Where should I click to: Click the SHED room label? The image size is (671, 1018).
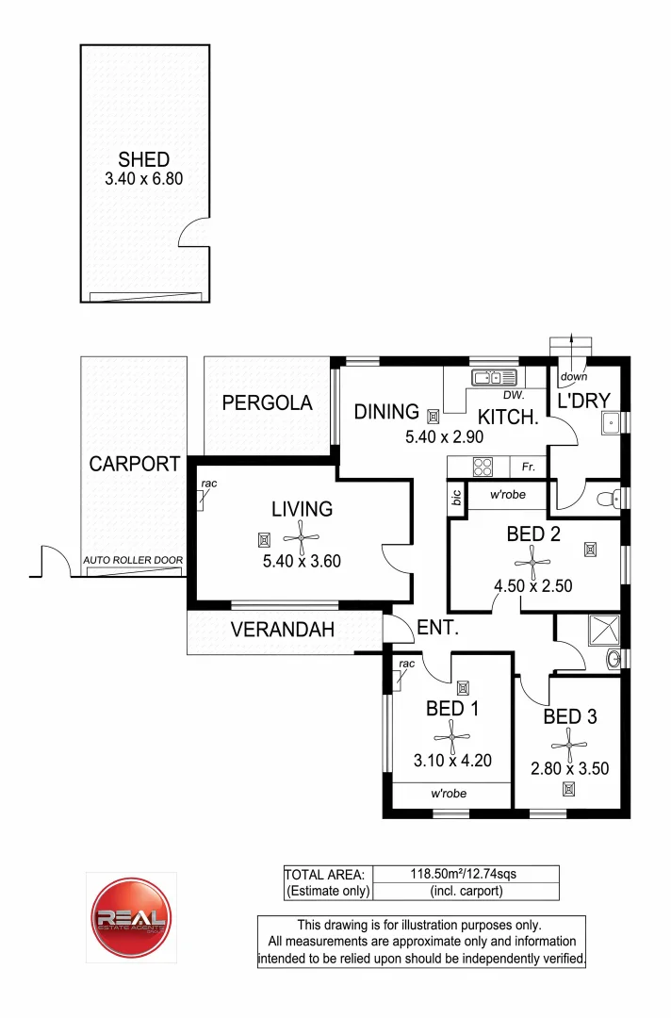tap(143, 159)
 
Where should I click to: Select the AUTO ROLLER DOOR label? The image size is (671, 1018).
tap(133, 560)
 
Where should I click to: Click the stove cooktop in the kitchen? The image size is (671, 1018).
tap(483, 466)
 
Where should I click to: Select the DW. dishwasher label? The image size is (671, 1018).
tap(513, 395)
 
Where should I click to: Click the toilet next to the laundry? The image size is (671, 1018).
tap(612, 496)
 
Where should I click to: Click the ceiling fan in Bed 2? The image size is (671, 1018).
tap(533, 563)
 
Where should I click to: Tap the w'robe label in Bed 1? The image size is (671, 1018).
tap(450, 794)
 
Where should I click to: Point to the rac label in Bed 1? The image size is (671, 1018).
tap(405, 664)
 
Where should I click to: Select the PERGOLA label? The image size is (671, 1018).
tap(267, 403)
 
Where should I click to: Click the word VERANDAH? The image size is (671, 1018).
tap(283, 631)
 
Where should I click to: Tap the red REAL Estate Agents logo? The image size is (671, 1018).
tap(131, 917)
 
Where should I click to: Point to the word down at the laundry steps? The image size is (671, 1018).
tap(574, 377)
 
